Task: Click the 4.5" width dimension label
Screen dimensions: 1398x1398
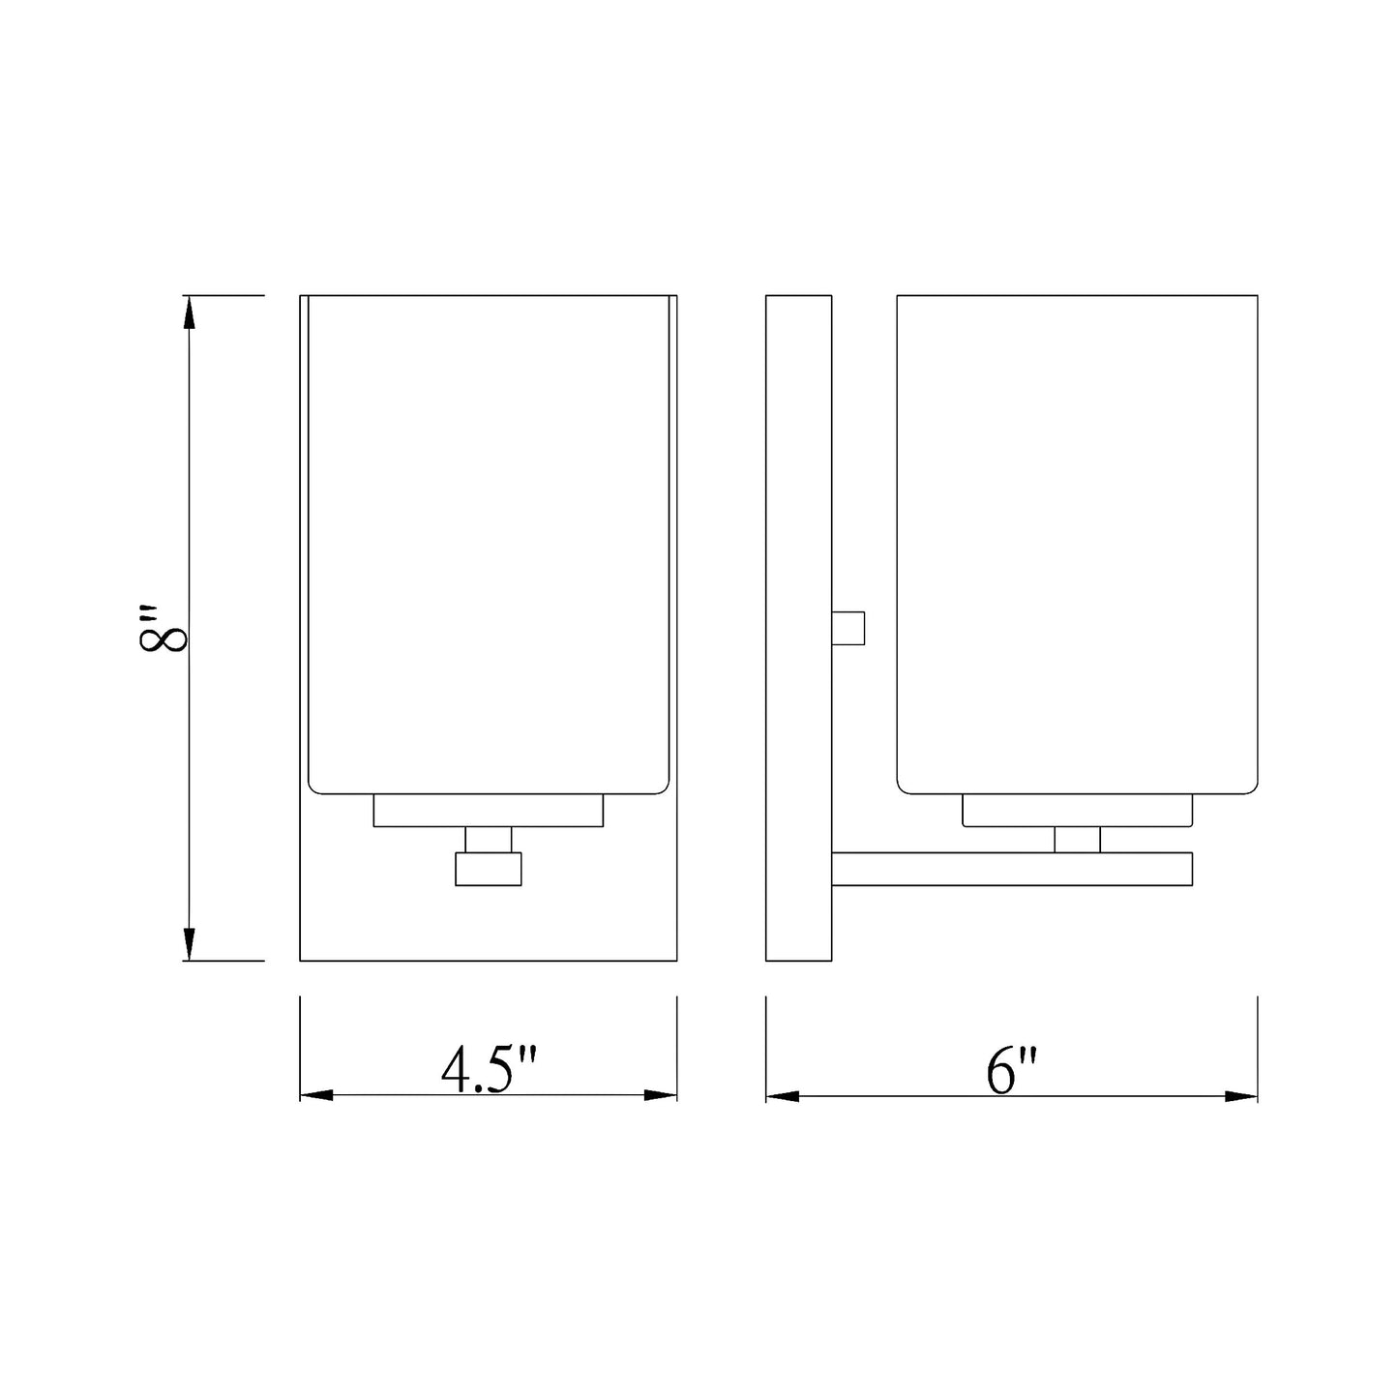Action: [x=488, y=1070]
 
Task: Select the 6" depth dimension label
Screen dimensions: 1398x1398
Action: [x=1012, y=1070]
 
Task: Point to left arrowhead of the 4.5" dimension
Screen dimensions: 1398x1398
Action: [x=316, y=1095]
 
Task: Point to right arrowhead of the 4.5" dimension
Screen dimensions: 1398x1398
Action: [x=660, y=1095]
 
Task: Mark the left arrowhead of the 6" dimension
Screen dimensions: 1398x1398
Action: [x=783, y=1096]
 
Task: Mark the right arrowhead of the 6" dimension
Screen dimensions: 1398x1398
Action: [x=1241, y=1096]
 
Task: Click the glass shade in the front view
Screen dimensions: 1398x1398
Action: [x=488, y=542]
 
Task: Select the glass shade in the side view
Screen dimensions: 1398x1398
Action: [x=1077, y=542]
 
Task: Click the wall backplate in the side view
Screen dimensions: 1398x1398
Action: [x=798, y=629]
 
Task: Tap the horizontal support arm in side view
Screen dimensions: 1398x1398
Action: [x=1011, y=869]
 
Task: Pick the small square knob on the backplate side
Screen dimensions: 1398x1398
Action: [x=848, y=628]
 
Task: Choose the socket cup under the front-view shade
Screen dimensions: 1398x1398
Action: [x=488, y=811]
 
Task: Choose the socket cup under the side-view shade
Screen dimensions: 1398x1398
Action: [x=1077, y=811]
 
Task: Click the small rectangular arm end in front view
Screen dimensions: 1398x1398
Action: [x=488, y=869]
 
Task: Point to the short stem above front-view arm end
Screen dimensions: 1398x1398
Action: [x=488, y=840]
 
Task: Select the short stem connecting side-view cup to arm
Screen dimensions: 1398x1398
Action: [x=1077, y=840]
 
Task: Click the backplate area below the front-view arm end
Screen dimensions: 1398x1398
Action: [x=488, y=924]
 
